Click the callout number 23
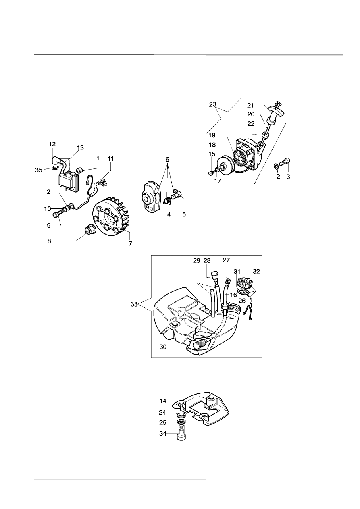click(213, 104)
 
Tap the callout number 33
click(134, 304)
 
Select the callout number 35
click(39, 170)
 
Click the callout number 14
click(163, 401)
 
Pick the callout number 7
click(131, 243)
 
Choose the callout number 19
click(212, 135)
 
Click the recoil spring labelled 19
click(239, 159)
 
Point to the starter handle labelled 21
click(275, 111)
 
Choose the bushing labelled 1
click(80, 170)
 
